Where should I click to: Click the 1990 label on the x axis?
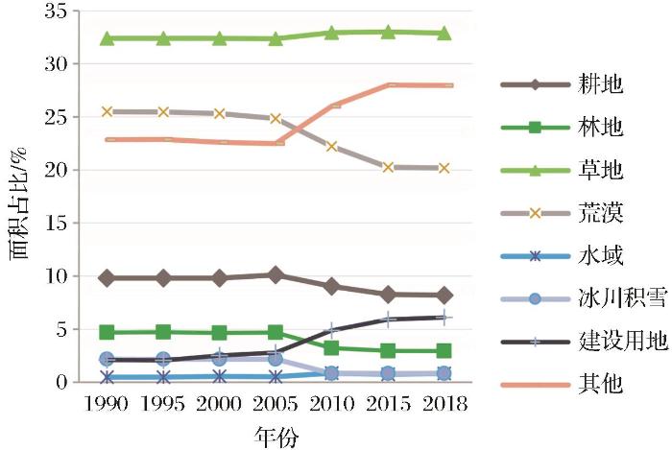[x=108, y=404]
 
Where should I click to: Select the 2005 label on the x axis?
[x=276, y=404]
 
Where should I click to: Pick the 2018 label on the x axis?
[x=444, y=404]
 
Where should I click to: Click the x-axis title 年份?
[x=276, y=437]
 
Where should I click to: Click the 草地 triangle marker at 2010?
[x=332, y=33]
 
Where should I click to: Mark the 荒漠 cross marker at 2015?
[x=389, y=167]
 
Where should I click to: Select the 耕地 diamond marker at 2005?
[x=276, y=275]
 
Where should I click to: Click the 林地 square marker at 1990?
[x=108, y=332]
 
